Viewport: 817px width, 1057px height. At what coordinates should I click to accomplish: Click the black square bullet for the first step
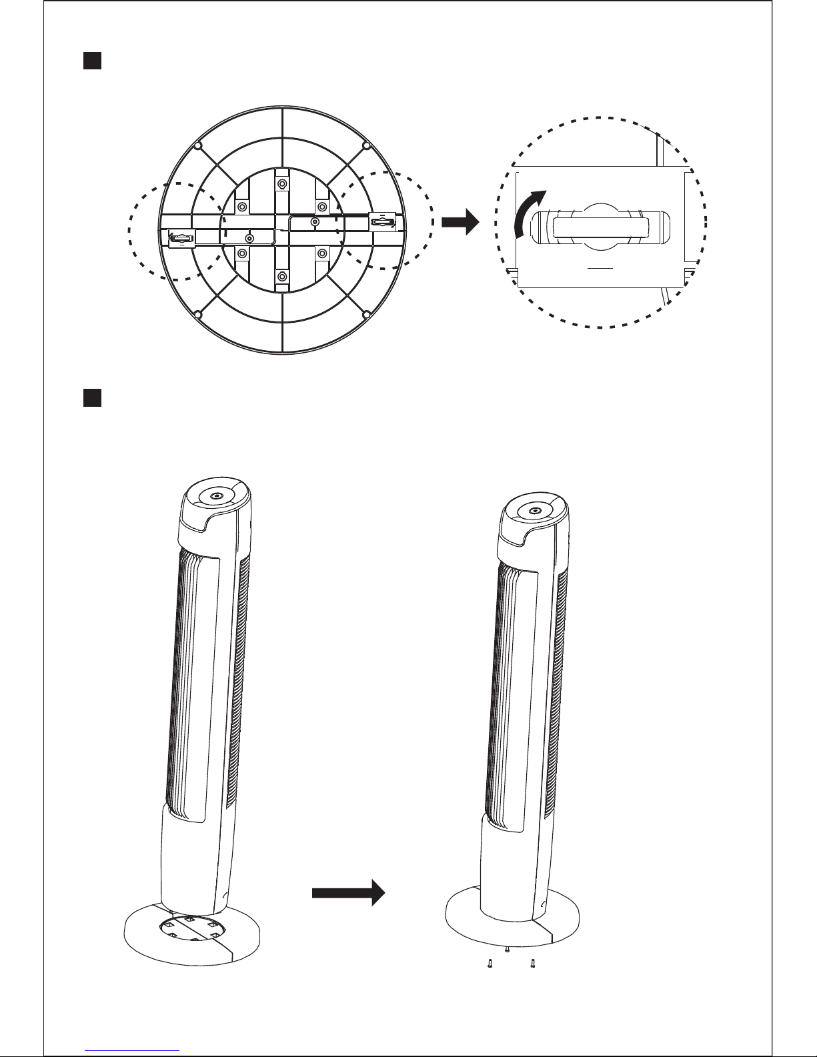[91, 62]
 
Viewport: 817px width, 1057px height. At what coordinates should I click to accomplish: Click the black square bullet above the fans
[91, 398]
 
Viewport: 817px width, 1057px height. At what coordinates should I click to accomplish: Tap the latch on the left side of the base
[181, 237]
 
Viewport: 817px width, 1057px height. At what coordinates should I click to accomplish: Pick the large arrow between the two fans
[349, 892]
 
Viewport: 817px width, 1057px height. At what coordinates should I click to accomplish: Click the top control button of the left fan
[217, 496]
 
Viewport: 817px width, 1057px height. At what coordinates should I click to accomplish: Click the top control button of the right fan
[534, 511]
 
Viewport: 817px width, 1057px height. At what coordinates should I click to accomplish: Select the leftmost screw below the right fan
[490, 963]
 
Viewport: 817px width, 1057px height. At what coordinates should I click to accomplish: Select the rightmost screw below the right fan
[532, 963]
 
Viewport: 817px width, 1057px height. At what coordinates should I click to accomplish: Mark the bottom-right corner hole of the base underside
[365, 313]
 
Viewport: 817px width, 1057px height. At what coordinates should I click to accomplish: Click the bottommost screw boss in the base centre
[282, 275]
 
